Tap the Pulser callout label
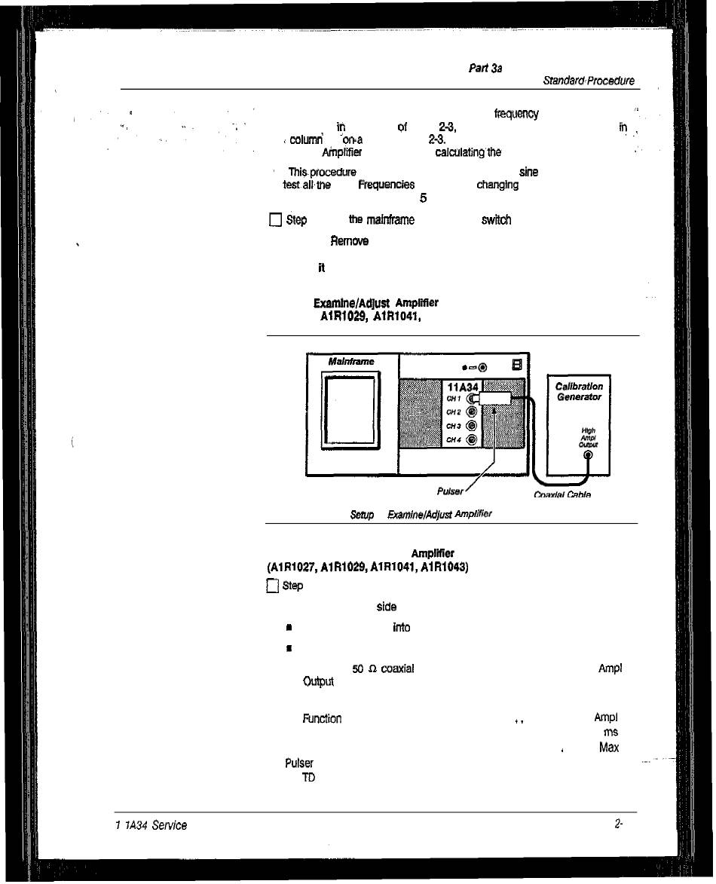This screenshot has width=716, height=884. pos(449,491)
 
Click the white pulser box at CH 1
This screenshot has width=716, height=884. pos(496,399)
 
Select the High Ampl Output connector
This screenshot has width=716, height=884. pos(588,454)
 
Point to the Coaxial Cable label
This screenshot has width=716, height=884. pos(561,495)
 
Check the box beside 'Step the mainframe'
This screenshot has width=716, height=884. pos(275,220)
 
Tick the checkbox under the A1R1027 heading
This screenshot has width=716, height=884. pos(273,586)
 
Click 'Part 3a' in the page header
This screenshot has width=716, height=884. pos(485,69)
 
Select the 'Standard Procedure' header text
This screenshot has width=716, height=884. pos(588,81)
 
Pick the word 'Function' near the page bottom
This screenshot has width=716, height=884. pos(322,718)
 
